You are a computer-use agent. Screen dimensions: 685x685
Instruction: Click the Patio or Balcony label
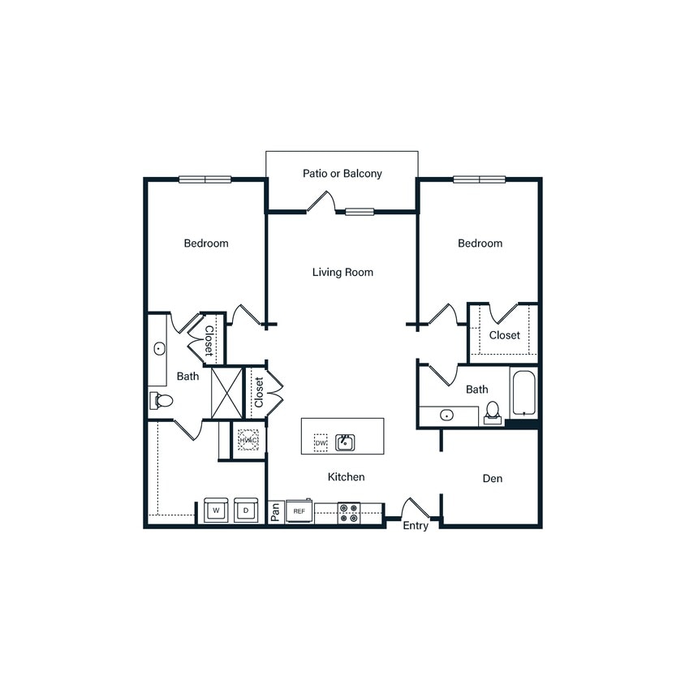click(x=342, y=174)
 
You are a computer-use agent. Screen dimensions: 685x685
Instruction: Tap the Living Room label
click(x=342, y=272)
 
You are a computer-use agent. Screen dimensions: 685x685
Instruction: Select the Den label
click(x=492, y=478)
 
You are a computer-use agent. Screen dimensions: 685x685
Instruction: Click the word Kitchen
click(x=346, y=476)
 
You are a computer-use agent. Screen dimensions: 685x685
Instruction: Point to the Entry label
click(x=416, y=526)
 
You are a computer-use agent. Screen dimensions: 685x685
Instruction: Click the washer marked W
click(x=216, y=511)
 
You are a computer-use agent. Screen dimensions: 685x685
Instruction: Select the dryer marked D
click(x=246, y=511)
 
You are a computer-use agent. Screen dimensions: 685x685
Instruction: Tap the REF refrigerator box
click(x=299, y=511)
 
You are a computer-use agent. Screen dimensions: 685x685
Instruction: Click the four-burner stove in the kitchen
click(x=349, y=512)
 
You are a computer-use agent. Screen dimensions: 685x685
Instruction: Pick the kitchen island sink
click(x=345, y=442)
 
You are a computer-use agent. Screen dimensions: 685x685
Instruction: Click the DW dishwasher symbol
click(x=321, y=443)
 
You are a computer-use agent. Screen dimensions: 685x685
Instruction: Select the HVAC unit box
click(x=248, y=440)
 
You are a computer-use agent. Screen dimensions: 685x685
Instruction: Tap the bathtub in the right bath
click(x=523, y=393)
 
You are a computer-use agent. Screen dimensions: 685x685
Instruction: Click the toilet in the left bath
click(x=162, y=400)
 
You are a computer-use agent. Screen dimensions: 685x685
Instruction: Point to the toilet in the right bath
click(x=491, y=414)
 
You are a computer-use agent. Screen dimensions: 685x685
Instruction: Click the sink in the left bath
click(x=159, y=349)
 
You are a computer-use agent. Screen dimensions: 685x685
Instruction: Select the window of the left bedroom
click(x=205, y=179)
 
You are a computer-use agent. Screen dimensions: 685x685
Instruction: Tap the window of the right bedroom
click(x=479, y=179)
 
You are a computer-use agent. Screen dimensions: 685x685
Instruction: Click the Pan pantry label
click(x=276, y=512)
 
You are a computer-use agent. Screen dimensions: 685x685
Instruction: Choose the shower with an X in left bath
click(x=227, y=393)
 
